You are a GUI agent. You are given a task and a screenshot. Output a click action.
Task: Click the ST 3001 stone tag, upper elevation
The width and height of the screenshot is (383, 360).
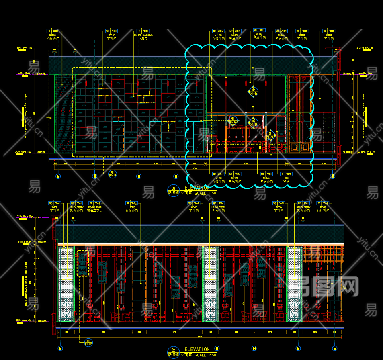coord(54,31)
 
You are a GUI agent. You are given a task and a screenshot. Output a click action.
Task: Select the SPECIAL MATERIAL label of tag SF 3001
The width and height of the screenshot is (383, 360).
coord(143,35)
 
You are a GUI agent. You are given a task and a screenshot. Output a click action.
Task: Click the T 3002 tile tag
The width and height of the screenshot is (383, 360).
coord(287,174)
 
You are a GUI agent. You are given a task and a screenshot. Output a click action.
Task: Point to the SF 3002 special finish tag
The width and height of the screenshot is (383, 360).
coord(96,203)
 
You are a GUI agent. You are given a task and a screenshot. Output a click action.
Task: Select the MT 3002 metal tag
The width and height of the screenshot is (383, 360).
coord(235,174)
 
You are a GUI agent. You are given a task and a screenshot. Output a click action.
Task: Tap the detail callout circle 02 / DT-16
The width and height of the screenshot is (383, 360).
coord(253,91)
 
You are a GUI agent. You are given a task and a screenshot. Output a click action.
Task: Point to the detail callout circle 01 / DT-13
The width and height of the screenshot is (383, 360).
coord(113,174)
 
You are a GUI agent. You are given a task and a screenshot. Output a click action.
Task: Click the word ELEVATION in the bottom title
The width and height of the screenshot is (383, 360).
coord(197,349)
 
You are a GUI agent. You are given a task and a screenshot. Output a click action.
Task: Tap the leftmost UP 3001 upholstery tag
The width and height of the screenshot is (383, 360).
coord(76,203)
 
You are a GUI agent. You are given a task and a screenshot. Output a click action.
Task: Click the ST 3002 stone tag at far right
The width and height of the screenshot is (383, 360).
coord(323,203)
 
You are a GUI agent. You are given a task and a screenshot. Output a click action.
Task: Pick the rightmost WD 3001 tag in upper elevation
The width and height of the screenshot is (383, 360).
coord(328,31)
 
